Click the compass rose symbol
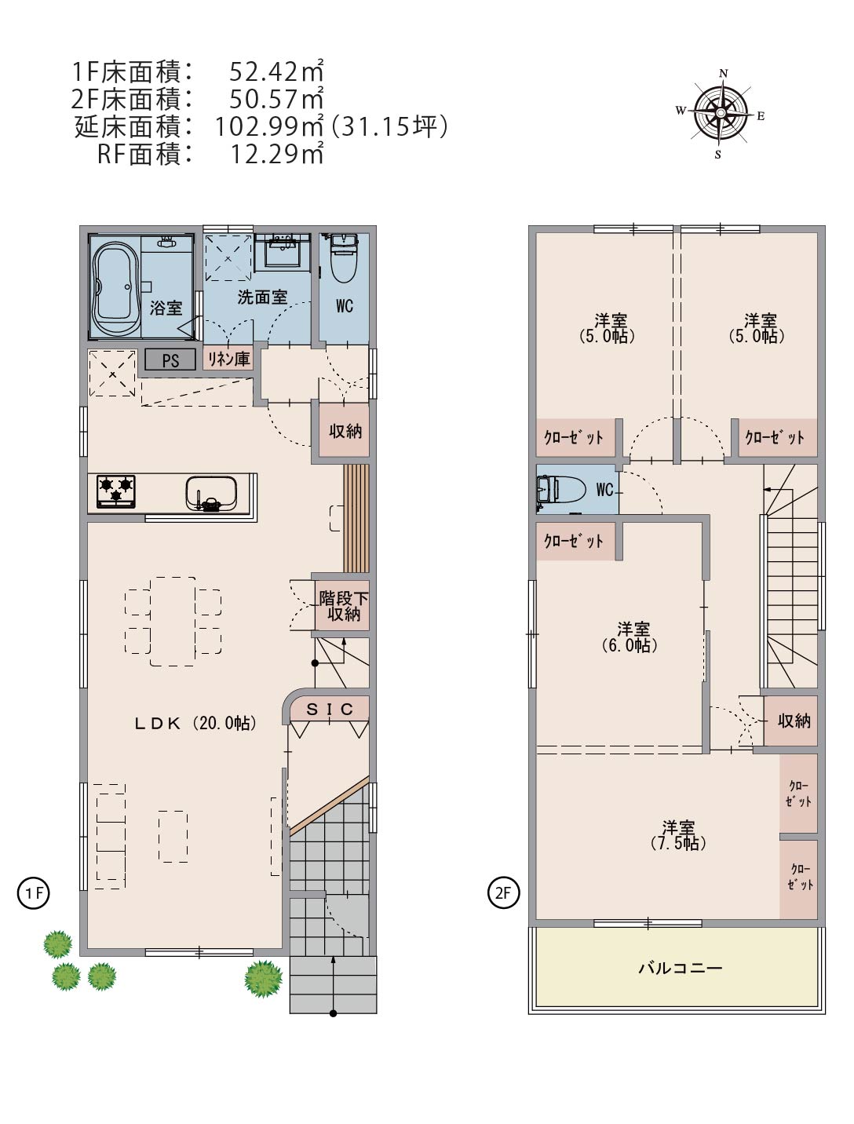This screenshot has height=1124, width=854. tap(721, 113)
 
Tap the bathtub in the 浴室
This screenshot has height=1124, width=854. tap(115, 286)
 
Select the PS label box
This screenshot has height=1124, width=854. tap(170, 360)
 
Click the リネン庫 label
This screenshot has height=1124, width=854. tap(228, 359)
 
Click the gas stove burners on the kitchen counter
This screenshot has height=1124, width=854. tap(116, 491)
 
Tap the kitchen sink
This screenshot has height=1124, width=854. tap(211, 493)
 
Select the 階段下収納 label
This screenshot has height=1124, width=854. tap(344, 606)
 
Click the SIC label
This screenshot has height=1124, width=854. tap(330, 710)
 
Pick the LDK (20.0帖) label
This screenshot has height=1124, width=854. tap(195, 723)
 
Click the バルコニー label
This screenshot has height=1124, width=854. tap(681, 968)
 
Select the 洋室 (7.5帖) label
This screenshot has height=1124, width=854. tap(678, 835)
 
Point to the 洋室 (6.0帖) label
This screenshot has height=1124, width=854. tap(630, 637)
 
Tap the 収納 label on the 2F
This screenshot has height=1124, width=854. tap(794, 721)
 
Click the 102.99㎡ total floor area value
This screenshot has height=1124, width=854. tap(269, 126)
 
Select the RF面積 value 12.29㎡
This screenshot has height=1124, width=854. tap(277, 154)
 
